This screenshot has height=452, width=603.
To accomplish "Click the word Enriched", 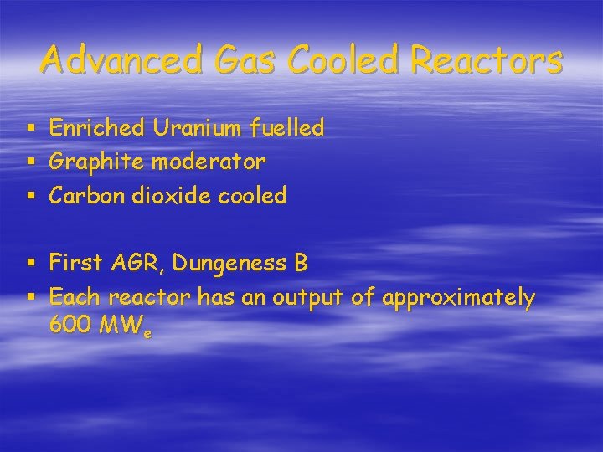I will [96, 128].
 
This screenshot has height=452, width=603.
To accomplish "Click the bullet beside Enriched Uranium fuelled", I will [31, 129].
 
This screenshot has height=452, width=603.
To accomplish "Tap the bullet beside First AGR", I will [31, 265].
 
